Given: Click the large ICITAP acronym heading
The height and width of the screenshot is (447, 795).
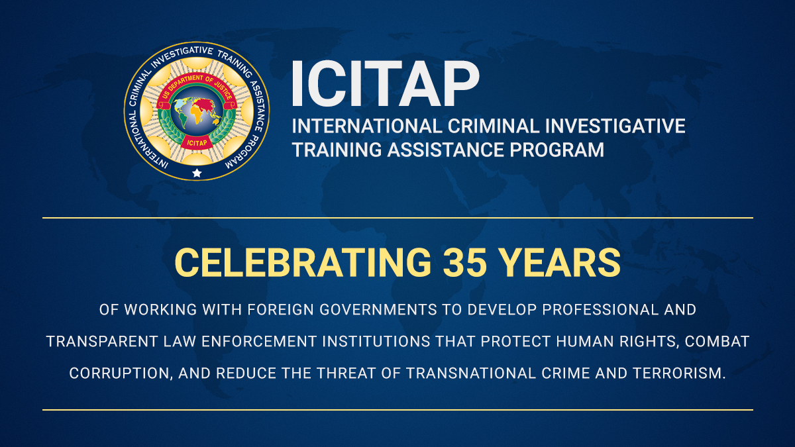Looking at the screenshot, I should point(384,85).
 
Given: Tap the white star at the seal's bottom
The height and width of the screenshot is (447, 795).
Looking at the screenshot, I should point(197,173).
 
